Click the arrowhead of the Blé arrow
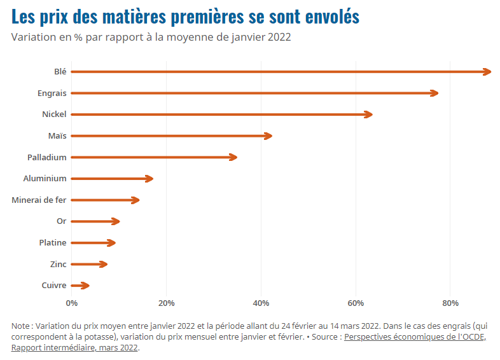(489, 72)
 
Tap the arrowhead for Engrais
(435, 93)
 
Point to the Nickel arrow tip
(370, 114)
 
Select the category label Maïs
(57, 135)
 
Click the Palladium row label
(47, 157)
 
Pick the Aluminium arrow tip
(150, 179)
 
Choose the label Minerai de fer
(39, 200)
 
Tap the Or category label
(62, 221)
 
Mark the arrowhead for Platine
(113, 243)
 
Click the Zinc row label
(58, 264)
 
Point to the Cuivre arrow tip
(87, 286)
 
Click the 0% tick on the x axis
(72, 302)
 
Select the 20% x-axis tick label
(166, 302)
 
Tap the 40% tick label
(261, 302)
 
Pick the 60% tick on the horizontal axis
(356, 302)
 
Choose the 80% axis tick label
(450, 302)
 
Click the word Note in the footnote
(21, 326)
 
